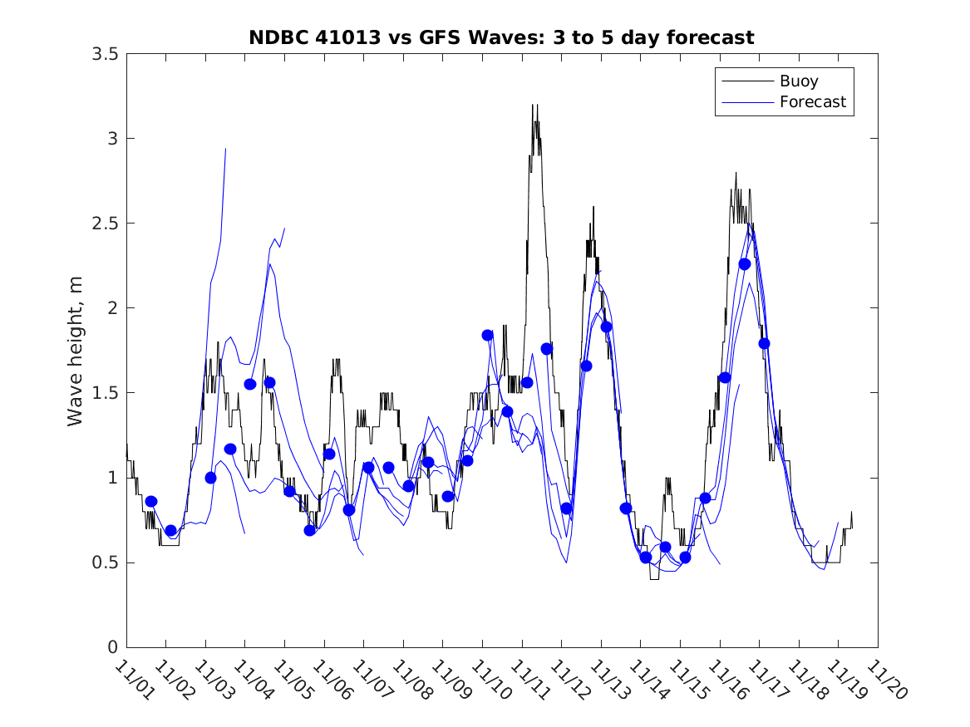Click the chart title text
coord(501,37)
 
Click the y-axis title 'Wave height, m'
coord(76,350)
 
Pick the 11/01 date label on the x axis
coord(134,680)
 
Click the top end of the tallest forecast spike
coord(225,149)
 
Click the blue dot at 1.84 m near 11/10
coord(488,335)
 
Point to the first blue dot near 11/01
coord(151,502)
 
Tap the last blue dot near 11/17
coord(764,343)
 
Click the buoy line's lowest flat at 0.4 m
coord(654,578)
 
